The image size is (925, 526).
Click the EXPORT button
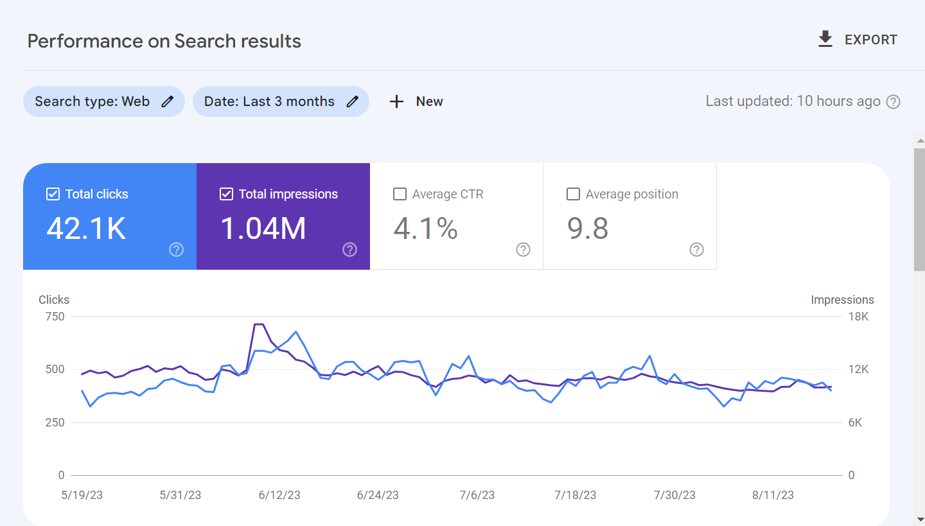click(x=858, y=40)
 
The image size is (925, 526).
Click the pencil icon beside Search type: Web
click(x=168, y=101)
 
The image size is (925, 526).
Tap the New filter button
click(x=416, y=101)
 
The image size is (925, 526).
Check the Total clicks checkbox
click(x=53, y=194)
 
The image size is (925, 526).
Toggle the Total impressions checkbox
click(x=226, y=194)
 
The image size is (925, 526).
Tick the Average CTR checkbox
click(x=400, y=194)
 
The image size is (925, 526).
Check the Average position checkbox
click(x=573, y=194)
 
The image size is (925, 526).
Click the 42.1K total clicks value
click(x=86, y=229)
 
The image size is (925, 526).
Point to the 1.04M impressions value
click(x=263, y=229)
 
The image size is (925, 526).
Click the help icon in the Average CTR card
click(x=524, y=250)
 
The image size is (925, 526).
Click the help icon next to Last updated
click(x=893, y=101)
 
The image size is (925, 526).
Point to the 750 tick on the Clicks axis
click(x=55, y=317)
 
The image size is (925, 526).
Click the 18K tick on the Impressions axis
click(x=858, y=317)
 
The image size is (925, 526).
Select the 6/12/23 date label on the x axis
click(x=279, y=495)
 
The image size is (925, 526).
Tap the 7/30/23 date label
click(x=674, y=495)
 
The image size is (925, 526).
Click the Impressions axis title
click(x=842, y=300)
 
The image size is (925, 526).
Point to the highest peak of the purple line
click(x=259, y=324)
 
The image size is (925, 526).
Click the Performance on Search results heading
click(x=164, y=41)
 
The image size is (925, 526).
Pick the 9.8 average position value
click(x=587, y=229)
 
